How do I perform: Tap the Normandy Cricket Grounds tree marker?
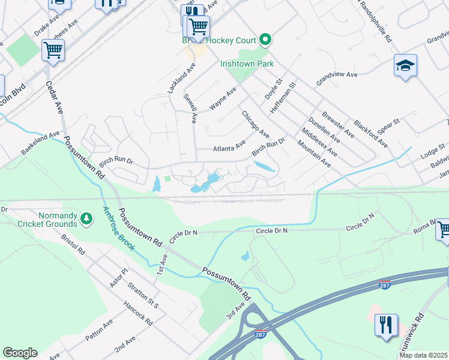tap(88, 219)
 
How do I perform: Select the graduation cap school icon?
tap(405, 65)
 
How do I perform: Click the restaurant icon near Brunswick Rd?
tap(386, 325)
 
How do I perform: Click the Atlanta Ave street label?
tap(229, 146)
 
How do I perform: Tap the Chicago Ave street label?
tap(255, 124)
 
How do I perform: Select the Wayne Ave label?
tap(223, 98)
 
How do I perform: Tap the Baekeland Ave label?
tap(41, 144)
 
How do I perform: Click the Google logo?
tap(20, 353)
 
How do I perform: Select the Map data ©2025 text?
tap(423, 355)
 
